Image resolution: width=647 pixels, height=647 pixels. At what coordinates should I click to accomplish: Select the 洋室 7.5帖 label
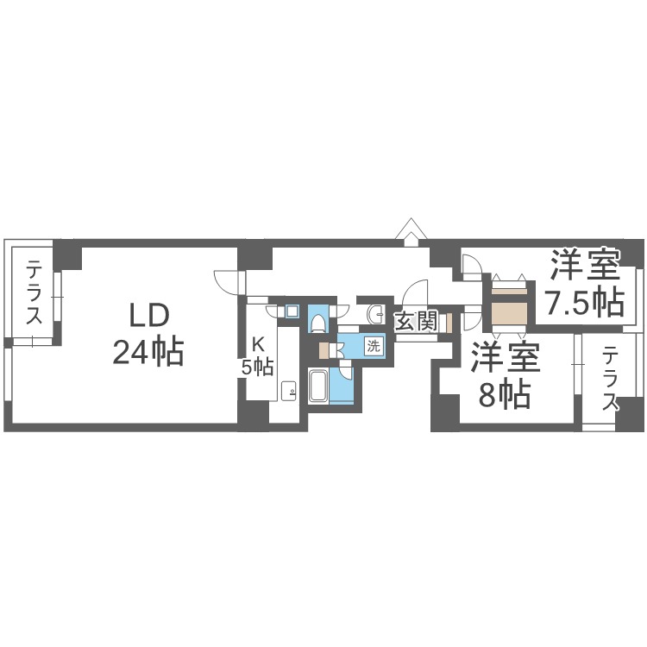584,282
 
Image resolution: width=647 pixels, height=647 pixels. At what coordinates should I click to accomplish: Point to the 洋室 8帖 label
505,376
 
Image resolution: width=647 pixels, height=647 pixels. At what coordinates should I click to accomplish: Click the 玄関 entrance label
415,323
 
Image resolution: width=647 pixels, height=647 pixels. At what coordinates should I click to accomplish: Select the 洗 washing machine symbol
373,346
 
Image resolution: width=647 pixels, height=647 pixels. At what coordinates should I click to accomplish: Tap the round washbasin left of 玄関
375,312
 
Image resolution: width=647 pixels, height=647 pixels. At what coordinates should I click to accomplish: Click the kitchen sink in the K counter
289,392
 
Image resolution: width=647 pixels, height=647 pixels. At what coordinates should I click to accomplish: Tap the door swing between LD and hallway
226,282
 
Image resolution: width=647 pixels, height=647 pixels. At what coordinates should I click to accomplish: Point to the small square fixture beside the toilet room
292,311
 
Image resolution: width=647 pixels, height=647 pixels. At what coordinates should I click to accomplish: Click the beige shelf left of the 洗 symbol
324,349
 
